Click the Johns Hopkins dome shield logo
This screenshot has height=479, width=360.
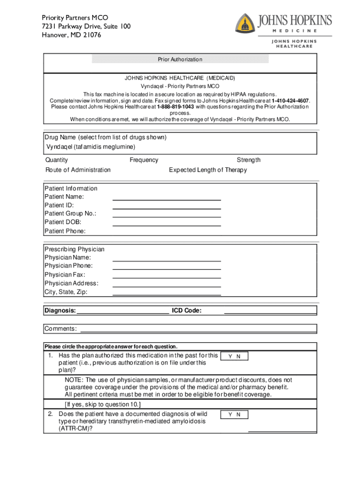[245, 23]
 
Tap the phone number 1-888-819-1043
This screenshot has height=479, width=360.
[176, 107]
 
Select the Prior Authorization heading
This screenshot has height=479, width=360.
[180, 59]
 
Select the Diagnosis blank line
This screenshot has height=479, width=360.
[122, 312]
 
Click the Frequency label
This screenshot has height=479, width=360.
[144, 160]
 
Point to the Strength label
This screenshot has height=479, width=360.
[249, 160]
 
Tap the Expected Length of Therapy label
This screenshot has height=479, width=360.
[208, 170]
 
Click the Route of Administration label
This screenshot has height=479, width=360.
[78, 170]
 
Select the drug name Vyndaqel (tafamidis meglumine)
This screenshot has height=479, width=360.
[91, 147]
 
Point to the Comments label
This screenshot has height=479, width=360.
[61, 329]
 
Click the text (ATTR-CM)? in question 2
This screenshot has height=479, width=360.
[75, 428]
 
